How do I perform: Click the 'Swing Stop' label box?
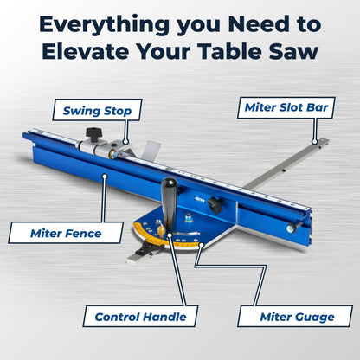96,111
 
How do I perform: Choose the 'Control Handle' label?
140,316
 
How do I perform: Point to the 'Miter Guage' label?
295,316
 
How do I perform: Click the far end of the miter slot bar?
321,142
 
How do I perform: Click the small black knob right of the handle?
214,206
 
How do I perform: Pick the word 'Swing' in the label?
80,111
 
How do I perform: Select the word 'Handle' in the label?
165,316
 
